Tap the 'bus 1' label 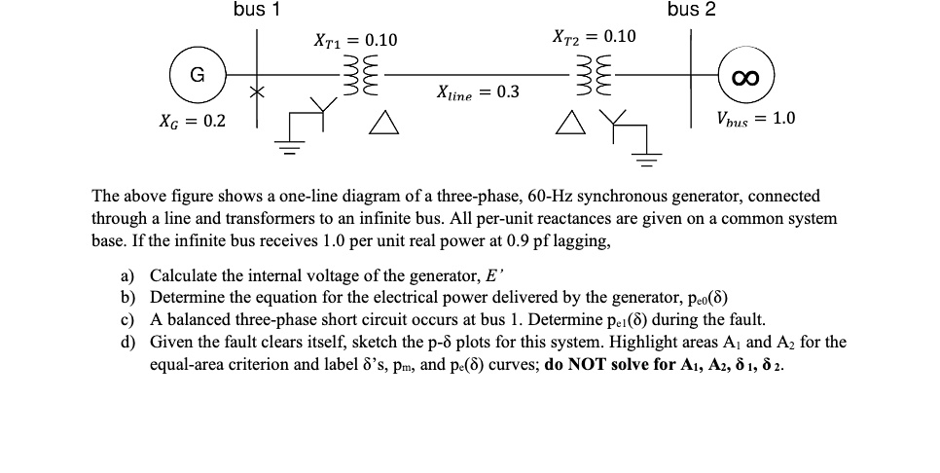click(257, 11)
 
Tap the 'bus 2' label click(691, 11)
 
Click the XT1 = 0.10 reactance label click(355, 41)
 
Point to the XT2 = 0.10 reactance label click(594, 37)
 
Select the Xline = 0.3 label click(479, 92)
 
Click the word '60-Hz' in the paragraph click(550, 197)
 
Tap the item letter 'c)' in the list click(127, 319)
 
